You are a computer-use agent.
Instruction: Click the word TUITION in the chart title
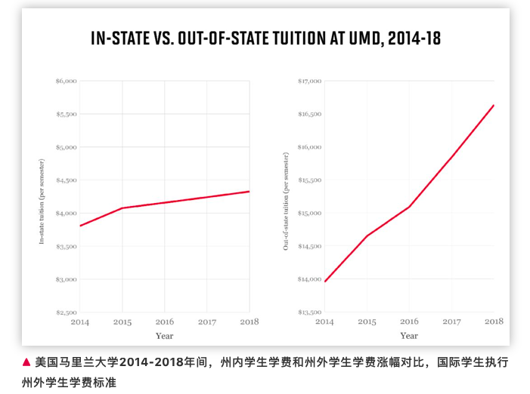tap(308, 38)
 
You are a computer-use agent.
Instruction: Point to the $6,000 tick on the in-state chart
tap(66, 81)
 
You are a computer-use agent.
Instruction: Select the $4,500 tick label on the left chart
tap(66, 180)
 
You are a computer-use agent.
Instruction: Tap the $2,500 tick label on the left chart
tap(66, 312)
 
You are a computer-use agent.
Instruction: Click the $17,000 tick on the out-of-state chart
tap(310, 81)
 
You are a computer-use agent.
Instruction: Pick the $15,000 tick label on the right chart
tap(310, 213)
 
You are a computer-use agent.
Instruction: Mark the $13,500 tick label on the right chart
tap(310, 312)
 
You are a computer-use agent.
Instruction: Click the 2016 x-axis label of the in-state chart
tap(164, 322)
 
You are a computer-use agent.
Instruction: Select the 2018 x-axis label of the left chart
tap(249, 322)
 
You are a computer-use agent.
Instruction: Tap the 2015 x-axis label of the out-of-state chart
tap(367, 322)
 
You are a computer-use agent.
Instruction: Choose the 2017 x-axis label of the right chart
tap(451, 322)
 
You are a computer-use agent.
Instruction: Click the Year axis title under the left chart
tap(164, 336)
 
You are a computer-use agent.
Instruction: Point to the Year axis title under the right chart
tap(409, 336)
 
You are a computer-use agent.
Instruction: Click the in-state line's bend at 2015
tap(122, 208)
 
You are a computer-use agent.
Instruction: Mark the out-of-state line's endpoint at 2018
tap(494, 105)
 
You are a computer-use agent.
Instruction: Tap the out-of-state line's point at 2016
tap(409, 207)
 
